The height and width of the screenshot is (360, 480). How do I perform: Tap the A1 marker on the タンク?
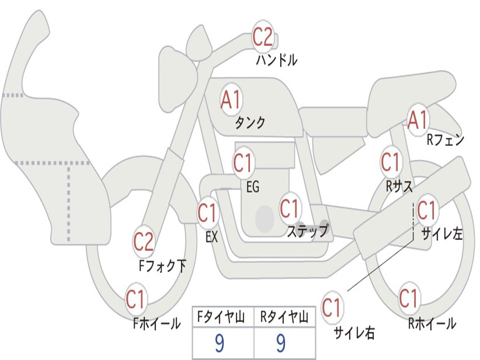click(x=231, y=100)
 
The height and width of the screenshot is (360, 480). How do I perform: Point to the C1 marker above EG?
click(x=243, y=164)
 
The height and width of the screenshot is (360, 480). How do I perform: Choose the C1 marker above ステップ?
click(x=289, y=208)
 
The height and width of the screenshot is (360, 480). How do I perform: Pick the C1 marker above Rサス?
click(x=390, y=162)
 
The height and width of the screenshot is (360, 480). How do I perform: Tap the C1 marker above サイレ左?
click(x=426, y=210)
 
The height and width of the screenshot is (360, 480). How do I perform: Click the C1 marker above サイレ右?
click(x=331, y=308)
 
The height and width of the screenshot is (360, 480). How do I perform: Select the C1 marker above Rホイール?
click(x=408, y=298)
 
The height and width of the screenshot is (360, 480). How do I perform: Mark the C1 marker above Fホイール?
click(x=135, y=300)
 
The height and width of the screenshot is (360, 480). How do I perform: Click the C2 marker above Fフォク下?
click(x=143, y=242)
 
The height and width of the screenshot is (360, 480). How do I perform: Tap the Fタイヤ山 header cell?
click(x=223, y=318)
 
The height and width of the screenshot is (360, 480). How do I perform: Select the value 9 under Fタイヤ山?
click(x=219, y=344)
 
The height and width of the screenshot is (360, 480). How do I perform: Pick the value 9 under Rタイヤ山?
click(x=281, y=344)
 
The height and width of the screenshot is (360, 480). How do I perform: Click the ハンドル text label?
click(x=277, y=60)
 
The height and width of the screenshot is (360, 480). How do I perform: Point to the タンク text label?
click(x=250, y=123)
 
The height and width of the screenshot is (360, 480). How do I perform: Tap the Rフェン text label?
click(x=445, y=140)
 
